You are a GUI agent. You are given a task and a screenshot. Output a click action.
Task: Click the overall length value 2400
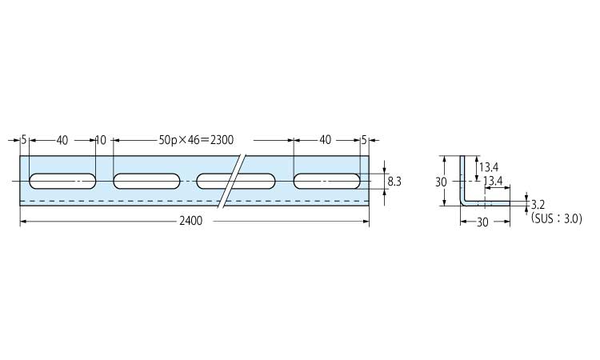coord(191,221)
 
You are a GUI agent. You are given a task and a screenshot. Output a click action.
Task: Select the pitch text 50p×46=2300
coord(196,140)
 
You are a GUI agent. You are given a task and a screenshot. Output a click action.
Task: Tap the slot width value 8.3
coord(394,182)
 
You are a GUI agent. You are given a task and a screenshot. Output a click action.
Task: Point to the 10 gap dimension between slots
coord(101,140)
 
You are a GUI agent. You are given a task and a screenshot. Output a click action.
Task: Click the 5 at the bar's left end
coord(24,140)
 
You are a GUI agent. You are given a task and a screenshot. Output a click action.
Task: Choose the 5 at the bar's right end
coord(364,140)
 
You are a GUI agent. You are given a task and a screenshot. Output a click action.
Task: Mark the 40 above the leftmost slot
coord(62,141)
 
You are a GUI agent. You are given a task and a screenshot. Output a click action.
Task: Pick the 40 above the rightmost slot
coord(326,140)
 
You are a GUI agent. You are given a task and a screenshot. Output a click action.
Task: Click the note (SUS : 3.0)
coord(557,218)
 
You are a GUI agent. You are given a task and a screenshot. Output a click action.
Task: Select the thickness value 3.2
coord(538,205)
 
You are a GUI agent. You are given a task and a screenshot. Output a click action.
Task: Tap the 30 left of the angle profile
coord(441,182)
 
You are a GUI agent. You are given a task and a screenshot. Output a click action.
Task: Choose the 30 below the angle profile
coord(483,222)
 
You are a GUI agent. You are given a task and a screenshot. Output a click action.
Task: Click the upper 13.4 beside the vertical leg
coord(489,167)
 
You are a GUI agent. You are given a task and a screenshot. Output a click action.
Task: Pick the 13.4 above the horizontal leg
coord(493,181)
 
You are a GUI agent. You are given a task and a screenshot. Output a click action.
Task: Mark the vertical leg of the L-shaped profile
coord(462,178)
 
